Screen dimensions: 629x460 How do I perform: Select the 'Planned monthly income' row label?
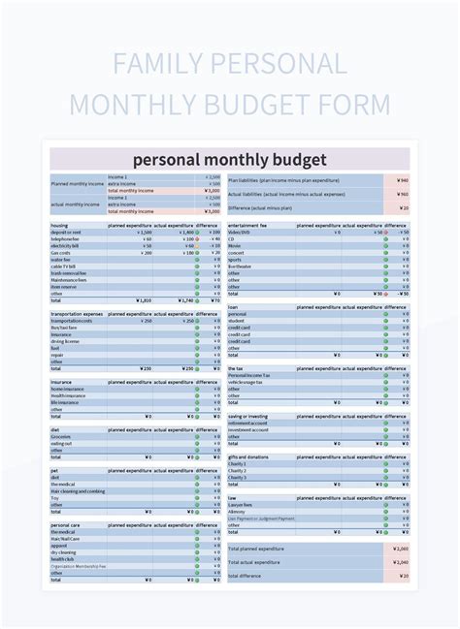coord(77,182)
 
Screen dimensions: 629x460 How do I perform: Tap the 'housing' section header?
coord(59,226)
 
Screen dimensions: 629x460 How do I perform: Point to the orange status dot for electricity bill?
coord(197,246)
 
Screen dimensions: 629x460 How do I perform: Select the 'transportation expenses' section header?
coord(77,315)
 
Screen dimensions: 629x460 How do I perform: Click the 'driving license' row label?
coord(65,341)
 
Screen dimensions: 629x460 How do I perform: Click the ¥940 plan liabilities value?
coord(403,180)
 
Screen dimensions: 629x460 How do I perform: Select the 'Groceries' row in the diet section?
coord(62,437)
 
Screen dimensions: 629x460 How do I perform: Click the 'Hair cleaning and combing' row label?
coord(78,491)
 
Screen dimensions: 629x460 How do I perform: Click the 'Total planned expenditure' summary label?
coord(256,549)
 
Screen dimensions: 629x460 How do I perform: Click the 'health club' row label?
coord(62,559)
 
